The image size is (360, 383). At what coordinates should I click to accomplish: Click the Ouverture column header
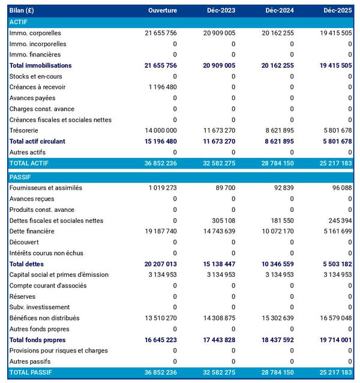163,11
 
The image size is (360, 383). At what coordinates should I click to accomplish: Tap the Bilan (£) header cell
22,11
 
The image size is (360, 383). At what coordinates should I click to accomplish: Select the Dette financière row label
32,231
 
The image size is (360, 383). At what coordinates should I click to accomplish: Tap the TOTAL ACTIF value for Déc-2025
335,163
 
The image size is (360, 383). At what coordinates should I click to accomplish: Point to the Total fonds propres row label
37,340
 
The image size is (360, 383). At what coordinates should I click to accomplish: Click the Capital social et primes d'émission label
59,274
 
